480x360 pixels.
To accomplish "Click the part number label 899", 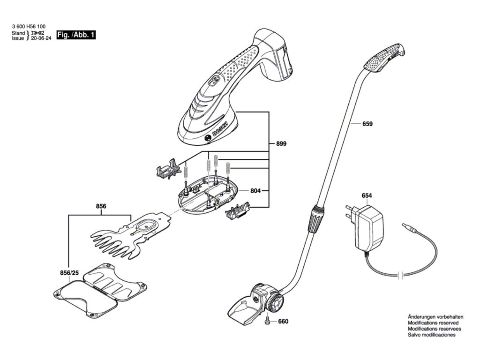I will [281, 143].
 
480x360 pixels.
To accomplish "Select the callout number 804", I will [255, 191].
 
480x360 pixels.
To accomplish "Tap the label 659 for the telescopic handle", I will [367, 124].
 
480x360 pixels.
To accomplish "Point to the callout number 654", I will [367, 195].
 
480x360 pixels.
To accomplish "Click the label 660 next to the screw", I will [283, 322].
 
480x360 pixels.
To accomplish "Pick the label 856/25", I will [69, 273].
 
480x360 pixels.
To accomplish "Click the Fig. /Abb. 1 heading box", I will [75, 35].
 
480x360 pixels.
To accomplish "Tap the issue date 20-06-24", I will [41, 39].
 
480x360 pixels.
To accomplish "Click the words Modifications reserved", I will [433, 323].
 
